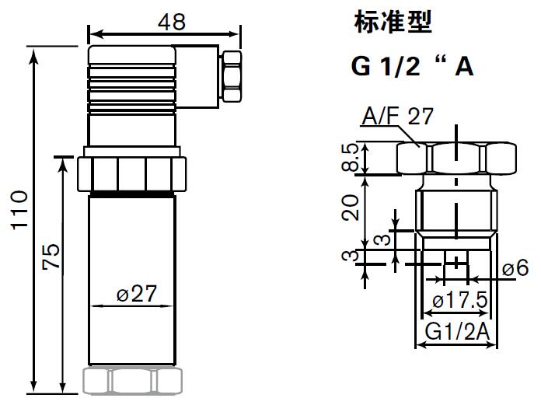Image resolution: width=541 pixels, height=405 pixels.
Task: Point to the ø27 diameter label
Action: pyautogui.click(x=137, y=294)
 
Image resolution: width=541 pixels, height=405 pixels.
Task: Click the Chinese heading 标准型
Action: pyautogui.click(x=392, y=23)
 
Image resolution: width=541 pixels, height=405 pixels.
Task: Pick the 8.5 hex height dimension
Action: pyautogui.click(x=353, y=159)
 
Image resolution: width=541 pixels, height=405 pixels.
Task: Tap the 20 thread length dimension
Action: pyautogui.click(x=353, y=207)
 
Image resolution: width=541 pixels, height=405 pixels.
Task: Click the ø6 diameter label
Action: pyautogui.click(x=515, y=268)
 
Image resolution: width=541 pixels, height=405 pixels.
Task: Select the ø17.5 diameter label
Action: pyautogui.click(x=459, y=300)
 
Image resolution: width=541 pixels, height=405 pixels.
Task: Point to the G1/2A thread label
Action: pyautogui.click(x=456, y=333)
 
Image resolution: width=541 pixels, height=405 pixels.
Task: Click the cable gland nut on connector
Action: pyautogui.click(x=232, y=75)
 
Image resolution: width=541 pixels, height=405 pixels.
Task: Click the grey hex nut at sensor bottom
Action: pyautogui.click(x=132, y=380)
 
